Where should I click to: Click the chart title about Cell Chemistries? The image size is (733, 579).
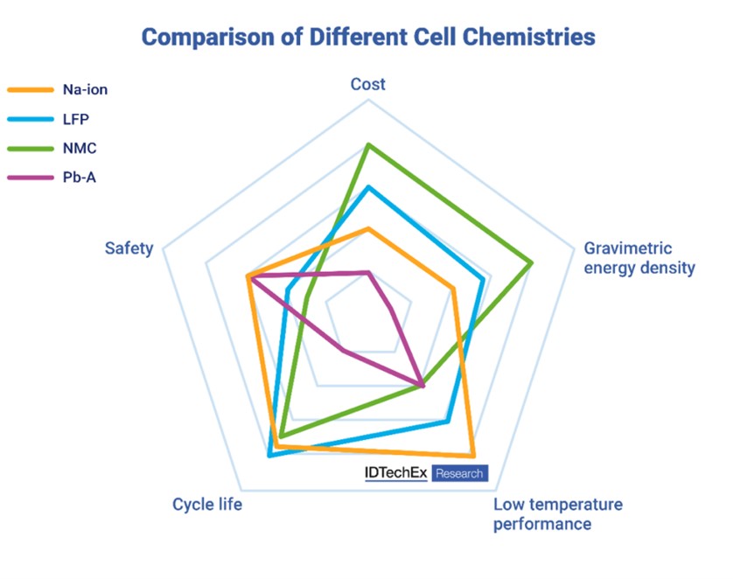[368, 37]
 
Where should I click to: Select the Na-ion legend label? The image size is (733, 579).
[86, 89]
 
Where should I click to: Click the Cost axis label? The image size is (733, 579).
[368, 84]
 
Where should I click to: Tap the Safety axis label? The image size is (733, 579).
[129, 248]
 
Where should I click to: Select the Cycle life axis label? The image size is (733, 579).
[207, 505]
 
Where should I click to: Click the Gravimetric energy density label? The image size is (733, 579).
[639, 258]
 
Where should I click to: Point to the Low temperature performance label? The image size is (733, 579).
[557, 514]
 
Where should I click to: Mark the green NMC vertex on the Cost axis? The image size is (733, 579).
[368, 144]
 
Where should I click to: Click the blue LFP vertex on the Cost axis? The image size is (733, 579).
[368, 186]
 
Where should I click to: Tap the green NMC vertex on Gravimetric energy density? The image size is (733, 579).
[532, 262]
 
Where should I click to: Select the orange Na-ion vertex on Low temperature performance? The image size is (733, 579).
[472, 456]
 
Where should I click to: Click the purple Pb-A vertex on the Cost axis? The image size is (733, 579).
[368, 272]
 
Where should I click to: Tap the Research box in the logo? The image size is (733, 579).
[459, 473]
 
